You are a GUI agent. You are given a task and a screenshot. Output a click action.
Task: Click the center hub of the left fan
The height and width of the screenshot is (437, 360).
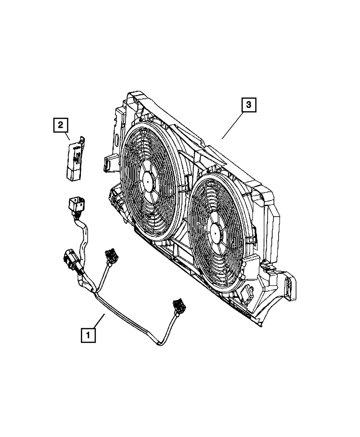pyautogui.click(x=148, y=182)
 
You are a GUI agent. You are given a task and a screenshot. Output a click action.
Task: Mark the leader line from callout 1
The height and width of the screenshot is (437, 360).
pyautogui.click(x=99, y=321)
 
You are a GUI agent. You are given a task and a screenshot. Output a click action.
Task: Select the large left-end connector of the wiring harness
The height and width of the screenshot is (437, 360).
pyautogui.click(x=69, y=260)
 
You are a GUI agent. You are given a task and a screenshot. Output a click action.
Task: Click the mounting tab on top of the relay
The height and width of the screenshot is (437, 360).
pyautogui.click(x=82, y=140)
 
